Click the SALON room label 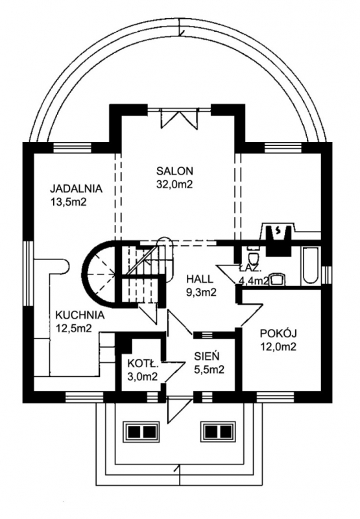174,171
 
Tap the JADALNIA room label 76,189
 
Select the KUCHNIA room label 80,315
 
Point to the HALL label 199,279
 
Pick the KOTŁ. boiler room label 143,364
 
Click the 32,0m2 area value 174,184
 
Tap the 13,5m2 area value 68,202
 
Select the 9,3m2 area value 201,292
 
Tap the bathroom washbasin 277,280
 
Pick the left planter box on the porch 142,431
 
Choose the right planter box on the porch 219,431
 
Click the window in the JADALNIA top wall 72,147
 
